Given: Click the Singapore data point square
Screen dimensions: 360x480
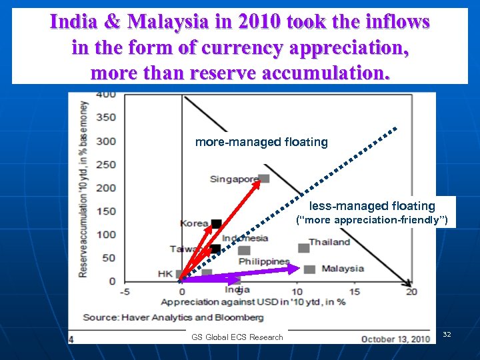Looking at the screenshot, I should [264, 178].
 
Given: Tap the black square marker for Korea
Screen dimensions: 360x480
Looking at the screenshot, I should [217, 223].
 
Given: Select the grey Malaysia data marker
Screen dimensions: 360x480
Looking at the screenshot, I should [309, 269].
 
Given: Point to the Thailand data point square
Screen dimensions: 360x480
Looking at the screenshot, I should [303, 248].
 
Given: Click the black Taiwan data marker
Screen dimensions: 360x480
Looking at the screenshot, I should [215, 249].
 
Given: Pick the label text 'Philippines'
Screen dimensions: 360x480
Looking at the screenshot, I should [264, 261].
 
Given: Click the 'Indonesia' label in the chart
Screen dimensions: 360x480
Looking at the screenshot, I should [245, 238].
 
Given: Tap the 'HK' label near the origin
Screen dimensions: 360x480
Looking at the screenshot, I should [165, 273].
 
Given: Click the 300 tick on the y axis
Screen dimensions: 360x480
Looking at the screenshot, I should [105, 141].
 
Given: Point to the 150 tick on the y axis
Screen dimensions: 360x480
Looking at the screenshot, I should [105, 211].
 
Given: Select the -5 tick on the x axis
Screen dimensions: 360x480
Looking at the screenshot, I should [124, 291].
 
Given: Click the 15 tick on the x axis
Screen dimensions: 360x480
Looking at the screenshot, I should [354, 291].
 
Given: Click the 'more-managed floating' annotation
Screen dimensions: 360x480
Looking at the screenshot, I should [261, 142].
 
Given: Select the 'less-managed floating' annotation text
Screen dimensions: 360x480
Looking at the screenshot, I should [372, 206].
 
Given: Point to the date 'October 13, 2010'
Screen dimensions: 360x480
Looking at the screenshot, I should [395, 339].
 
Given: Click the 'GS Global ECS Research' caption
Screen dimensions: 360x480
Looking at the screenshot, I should [237, 337].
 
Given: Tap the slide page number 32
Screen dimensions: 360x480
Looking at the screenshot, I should [447, 333].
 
